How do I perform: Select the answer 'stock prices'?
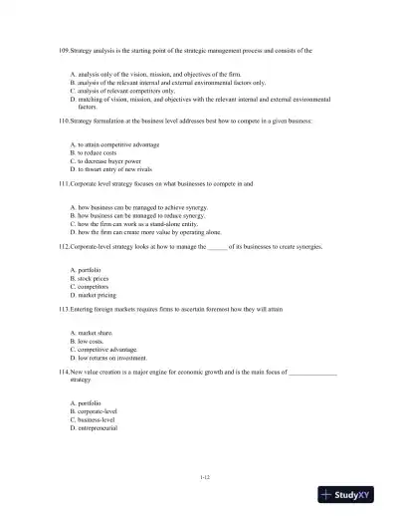tap(95, 279)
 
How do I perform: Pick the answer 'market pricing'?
tap(98, 295)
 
